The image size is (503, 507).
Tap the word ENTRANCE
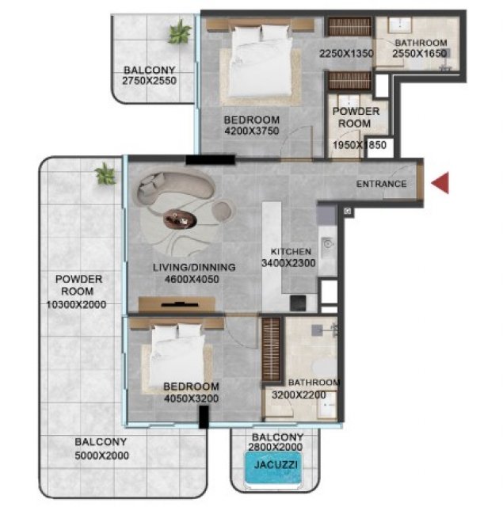click(382, 184)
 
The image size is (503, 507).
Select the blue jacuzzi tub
click(273, 467)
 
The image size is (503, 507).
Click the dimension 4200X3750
click(252, 131)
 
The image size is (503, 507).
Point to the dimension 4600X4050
click(192, 279)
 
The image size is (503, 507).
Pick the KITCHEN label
click(291, 252)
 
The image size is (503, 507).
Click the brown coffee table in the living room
click(180, 219)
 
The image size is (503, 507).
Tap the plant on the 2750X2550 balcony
click(179, 32)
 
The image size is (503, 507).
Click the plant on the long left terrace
click(105, 174)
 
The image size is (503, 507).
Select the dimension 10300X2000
click(77, 304)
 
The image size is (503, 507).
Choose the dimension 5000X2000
click(102, 456)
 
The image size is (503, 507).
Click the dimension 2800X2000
click(276, 447)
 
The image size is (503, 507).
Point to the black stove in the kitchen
click(298, 303)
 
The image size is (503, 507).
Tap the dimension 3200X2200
click(299, 395)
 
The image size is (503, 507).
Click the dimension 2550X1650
click(420, 53)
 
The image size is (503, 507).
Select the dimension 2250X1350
click(346, 53)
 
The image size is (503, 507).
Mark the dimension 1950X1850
click(360, 145)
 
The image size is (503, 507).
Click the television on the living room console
click(180, 304)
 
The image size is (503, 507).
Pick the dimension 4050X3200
click(192, 398)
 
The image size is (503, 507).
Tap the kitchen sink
click(327, 243)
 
